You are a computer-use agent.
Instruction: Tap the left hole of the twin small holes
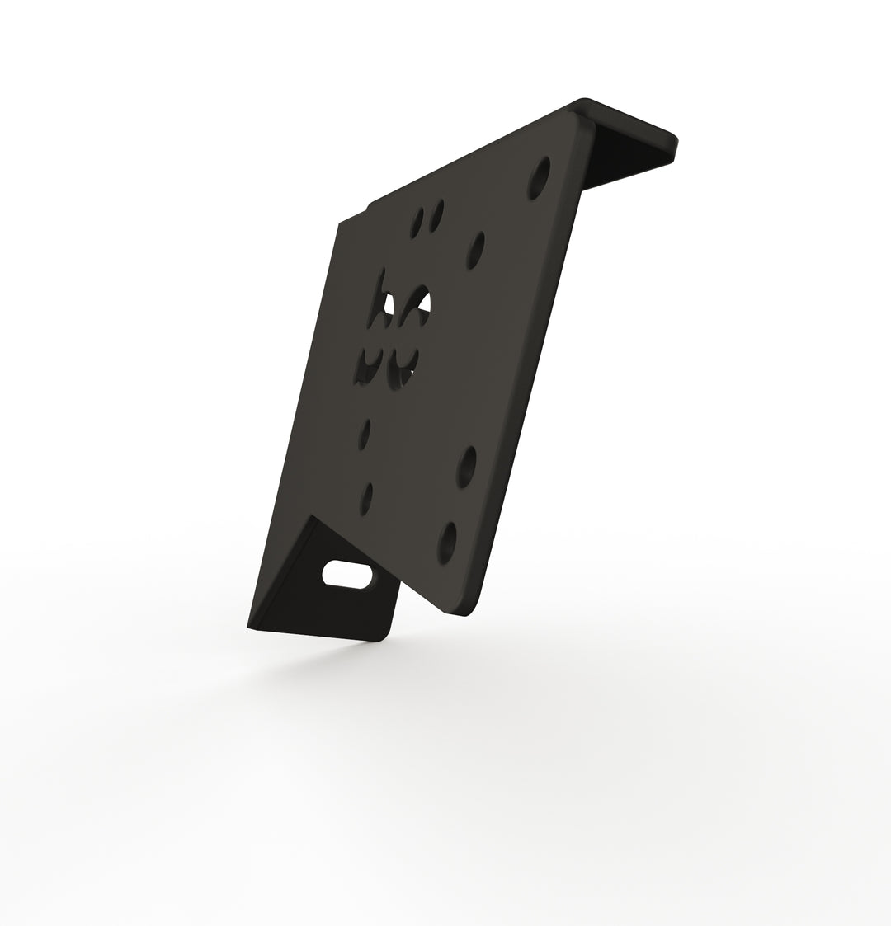point(418,220)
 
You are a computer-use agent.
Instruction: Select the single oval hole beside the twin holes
point(476,250)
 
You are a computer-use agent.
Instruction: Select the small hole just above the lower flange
point(367,497)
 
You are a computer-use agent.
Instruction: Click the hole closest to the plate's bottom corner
point(447,542)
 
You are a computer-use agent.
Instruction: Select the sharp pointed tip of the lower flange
point(248,626)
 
